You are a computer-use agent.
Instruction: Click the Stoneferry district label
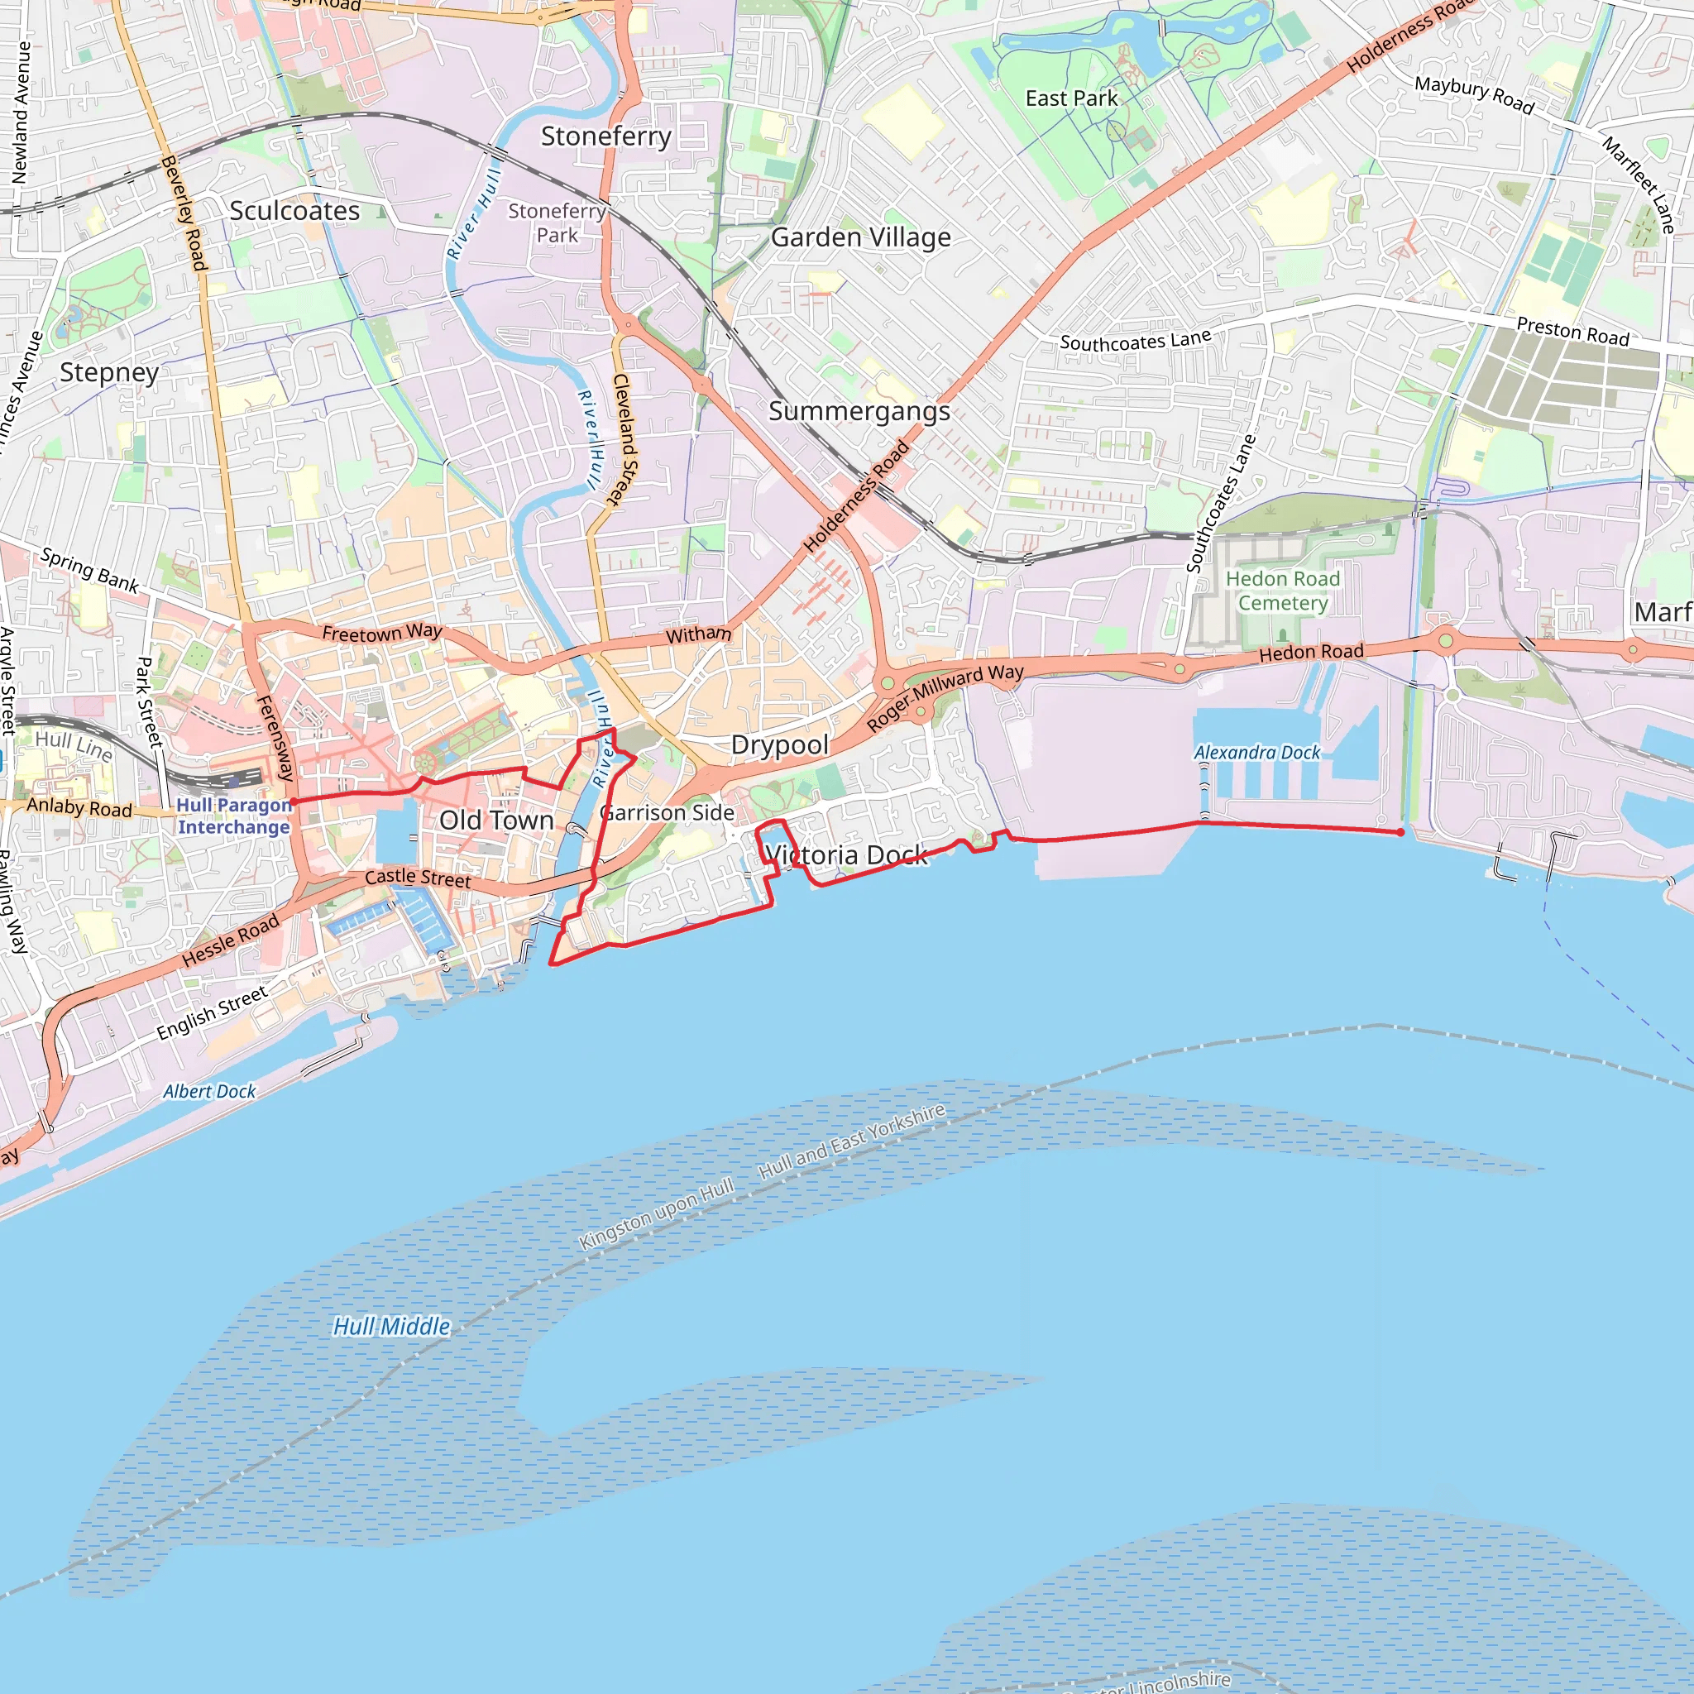click(605, 136)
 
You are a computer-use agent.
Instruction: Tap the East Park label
click(1071, 98)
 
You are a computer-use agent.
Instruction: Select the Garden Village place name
click(860, 237)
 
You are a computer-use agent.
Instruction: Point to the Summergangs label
click(859, 411)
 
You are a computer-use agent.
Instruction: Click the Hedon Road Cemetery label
click(1282, 591)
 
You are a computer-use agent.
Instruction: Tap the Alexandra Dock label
click(1256, 753)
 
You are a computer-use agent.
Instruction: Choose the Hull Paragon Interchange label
click(233, 816)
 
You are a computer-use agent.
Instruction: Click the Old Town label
click(496, 821)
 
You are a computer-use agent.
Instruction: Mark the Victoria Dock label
click(845, 855)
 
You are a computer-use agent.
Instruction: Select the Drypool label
click(779, 745)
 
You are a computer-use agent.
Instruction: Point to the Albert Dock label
click(209, 1092)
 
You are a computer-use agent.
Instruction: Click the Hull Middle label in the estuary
click(392, 1327)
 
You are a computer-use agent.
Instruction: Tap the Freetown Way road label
click(381, 632)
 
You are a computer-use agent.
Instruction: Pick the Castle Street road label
click(418, 877)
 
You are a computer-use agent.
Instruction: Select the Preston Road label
click(1572, 332)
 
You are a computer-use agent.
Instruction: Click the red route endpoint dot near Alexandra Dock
click(1400, 832)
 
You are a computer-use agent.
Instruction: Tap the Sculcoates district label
click(294, 211)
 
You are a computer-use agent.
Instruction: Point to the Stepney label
click(110, 373)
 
